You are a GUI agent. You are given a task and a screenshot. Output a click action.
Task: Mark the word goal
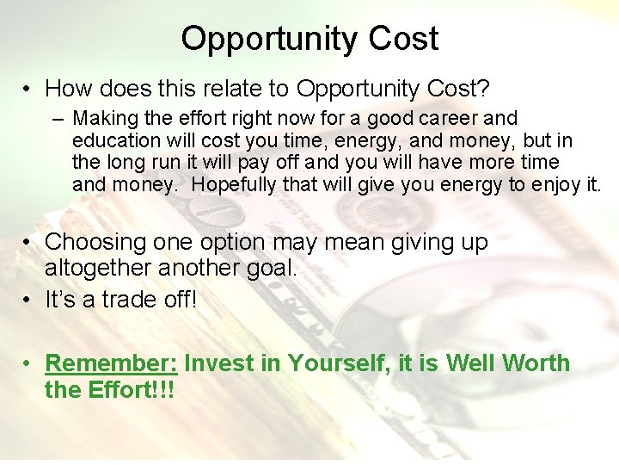(269, 268)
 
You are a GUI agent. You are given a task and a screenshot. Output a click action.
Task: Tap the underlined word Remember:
(111, 363)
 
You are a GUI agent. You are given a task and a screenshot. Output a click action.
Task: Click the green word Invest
(219, 363)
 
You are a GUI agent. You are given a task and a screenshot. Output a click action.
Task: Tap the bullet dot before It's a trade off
(29, 300)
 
